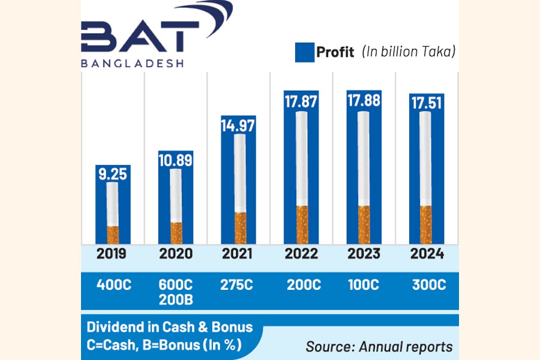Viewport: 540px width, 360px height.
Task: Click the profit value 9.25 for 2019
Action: (x=112, y=174)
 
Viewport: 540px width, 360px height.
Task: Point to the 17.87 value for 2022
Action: (x=301, y=101)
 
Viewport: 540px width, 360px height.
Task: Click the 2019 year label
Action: (x=112, y=253)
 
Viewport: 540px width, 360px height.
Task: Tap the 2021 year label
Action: (x=238, y=253)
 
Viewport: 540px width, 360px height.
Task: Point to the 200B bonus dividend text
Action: (x=175, y=298)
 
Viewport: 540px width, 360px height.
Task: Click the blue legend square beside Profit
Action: (x=305, y=52)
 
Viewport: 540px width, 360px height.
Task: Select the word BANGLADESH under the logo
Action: (x=132, y=62)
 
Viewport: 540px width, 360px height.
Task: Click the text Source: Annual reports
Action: (x=379, y=346)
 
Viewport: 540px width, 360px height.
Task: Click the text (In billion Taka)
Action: (x=409, y=52)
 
